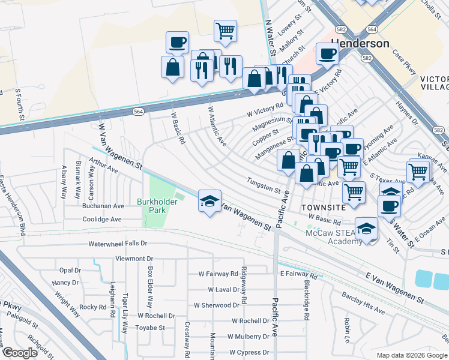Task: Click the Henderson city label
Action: [x=360, y=44]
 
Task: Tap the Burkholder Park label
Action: [x=159, y=206]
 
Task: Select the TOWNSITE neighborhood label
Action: [x=324, y=206]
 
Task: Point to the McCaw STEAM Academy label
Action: [x=330, y=236]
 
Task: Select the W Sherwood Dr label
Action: [x=216, y=305]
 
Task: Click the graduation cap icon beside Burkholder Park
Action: [x=209, y=201]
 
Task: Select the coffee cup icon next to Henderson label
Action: [x=327, y=53]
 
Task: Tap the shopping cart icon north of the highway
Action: [x=225, y=31]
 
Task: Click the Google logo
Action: [x=20, y=353]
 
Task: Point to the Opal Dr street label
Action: [x=70, y=270]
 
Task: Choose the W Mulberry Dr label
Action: [x=247, y=337]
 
